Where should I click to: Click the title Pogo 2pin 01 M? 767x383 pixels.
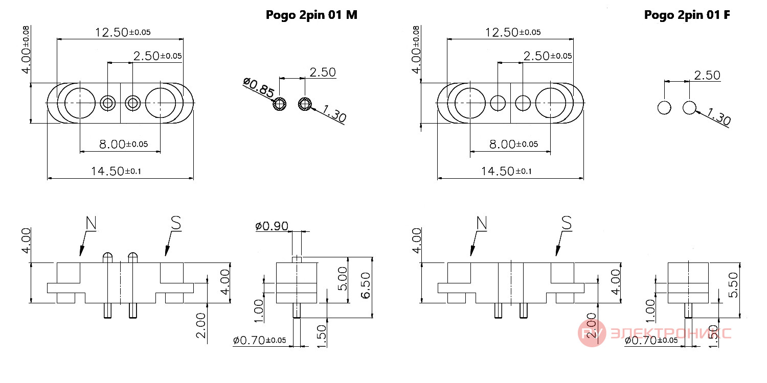pos(311,15)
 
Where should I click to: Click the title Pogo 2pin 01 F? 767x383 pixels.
pos(687,15)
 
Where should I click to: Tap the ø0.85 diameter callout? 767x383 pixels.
pos(259,87)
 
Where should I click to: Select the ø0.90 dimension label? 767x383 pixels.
pos(272,226)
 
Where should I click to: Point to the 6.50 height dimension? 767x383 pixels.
pos(366,285)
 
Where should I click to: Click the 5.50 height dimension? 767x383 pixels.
pos(733,285)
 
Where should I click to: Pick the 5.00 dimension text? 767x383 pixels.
pos(343,279)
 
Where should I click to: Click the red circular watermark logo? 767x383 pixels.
pos(592,333)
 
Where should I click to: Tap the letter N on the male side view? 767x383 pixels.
pos(91,223)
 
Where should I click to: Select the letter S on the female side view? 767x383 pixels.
pos(567,223)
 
